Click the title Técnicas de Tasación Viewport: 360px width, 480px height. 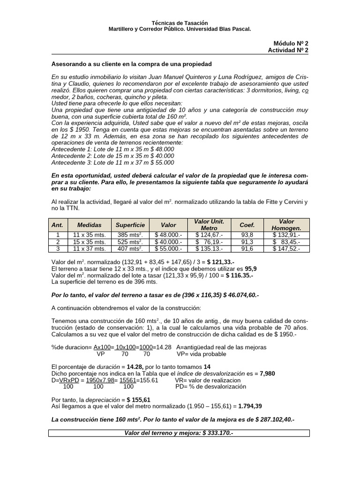[180, 23]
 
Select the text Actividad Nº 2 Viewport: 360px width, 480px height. [288, 50]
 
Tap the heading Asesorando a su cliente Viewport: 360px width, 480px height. [131, 63]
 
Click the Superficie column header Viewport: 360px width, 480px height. [130, 225]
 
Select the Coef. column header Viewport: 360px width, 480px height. [247, 225]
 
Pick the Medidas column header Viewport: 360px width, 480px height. [89, 225]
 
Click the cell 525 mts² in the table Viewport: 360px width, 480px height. [130, 242]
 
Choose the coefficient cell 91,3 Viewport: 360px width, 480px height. [247, 242]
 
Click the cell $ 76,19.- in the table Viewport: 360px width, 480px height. [209, 242]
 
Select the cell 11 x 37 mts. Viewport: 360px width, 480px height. [89, 249]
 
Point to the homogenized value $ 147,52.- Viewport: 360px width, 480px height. [286, 249]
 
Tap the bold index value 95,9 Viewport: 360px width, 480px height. [251, 269]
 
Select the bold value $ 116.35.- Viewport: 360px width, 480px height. [239, 276]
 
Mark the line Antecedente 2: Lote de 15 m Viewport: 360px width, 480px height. [112, 156]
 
